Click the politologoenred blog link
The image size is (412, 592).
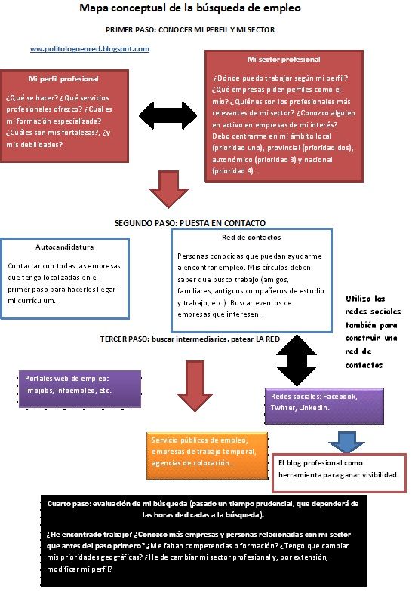click(90, 49)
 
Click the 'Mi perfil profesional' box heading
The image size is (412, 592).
click(63, 79)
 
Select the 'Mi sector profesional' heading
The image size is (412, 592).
click(284, 60)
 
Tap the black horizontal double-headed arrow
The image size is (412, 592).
click(168, 115)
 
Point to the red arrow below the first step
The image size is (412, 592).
click(168, 189)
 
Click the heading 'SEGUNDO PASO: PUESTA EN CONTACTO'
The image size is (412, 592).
click(190, 223)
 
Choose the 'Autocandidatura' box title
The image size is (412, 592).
click(65, 247)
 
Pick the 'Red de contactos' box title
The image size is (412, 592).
click(251, 238)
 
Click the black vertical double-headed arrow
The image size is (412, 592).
click(297, 360)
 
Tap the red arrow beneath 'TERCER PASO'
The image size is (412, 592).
click(195, 386)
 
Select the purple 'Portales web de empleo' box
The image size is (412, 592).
click(80, 389)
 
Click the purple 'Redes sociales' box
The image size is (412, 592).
click(324, 406)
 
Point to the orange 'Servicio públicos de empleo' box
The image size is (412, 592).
click(208, 456)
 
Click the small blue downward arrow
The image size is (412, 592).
click(346, 442)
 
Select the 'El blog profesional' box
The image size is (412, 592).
click(339, 473)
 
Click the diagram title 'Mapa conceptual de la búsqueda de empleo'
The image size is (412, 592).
click(190, 8)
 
